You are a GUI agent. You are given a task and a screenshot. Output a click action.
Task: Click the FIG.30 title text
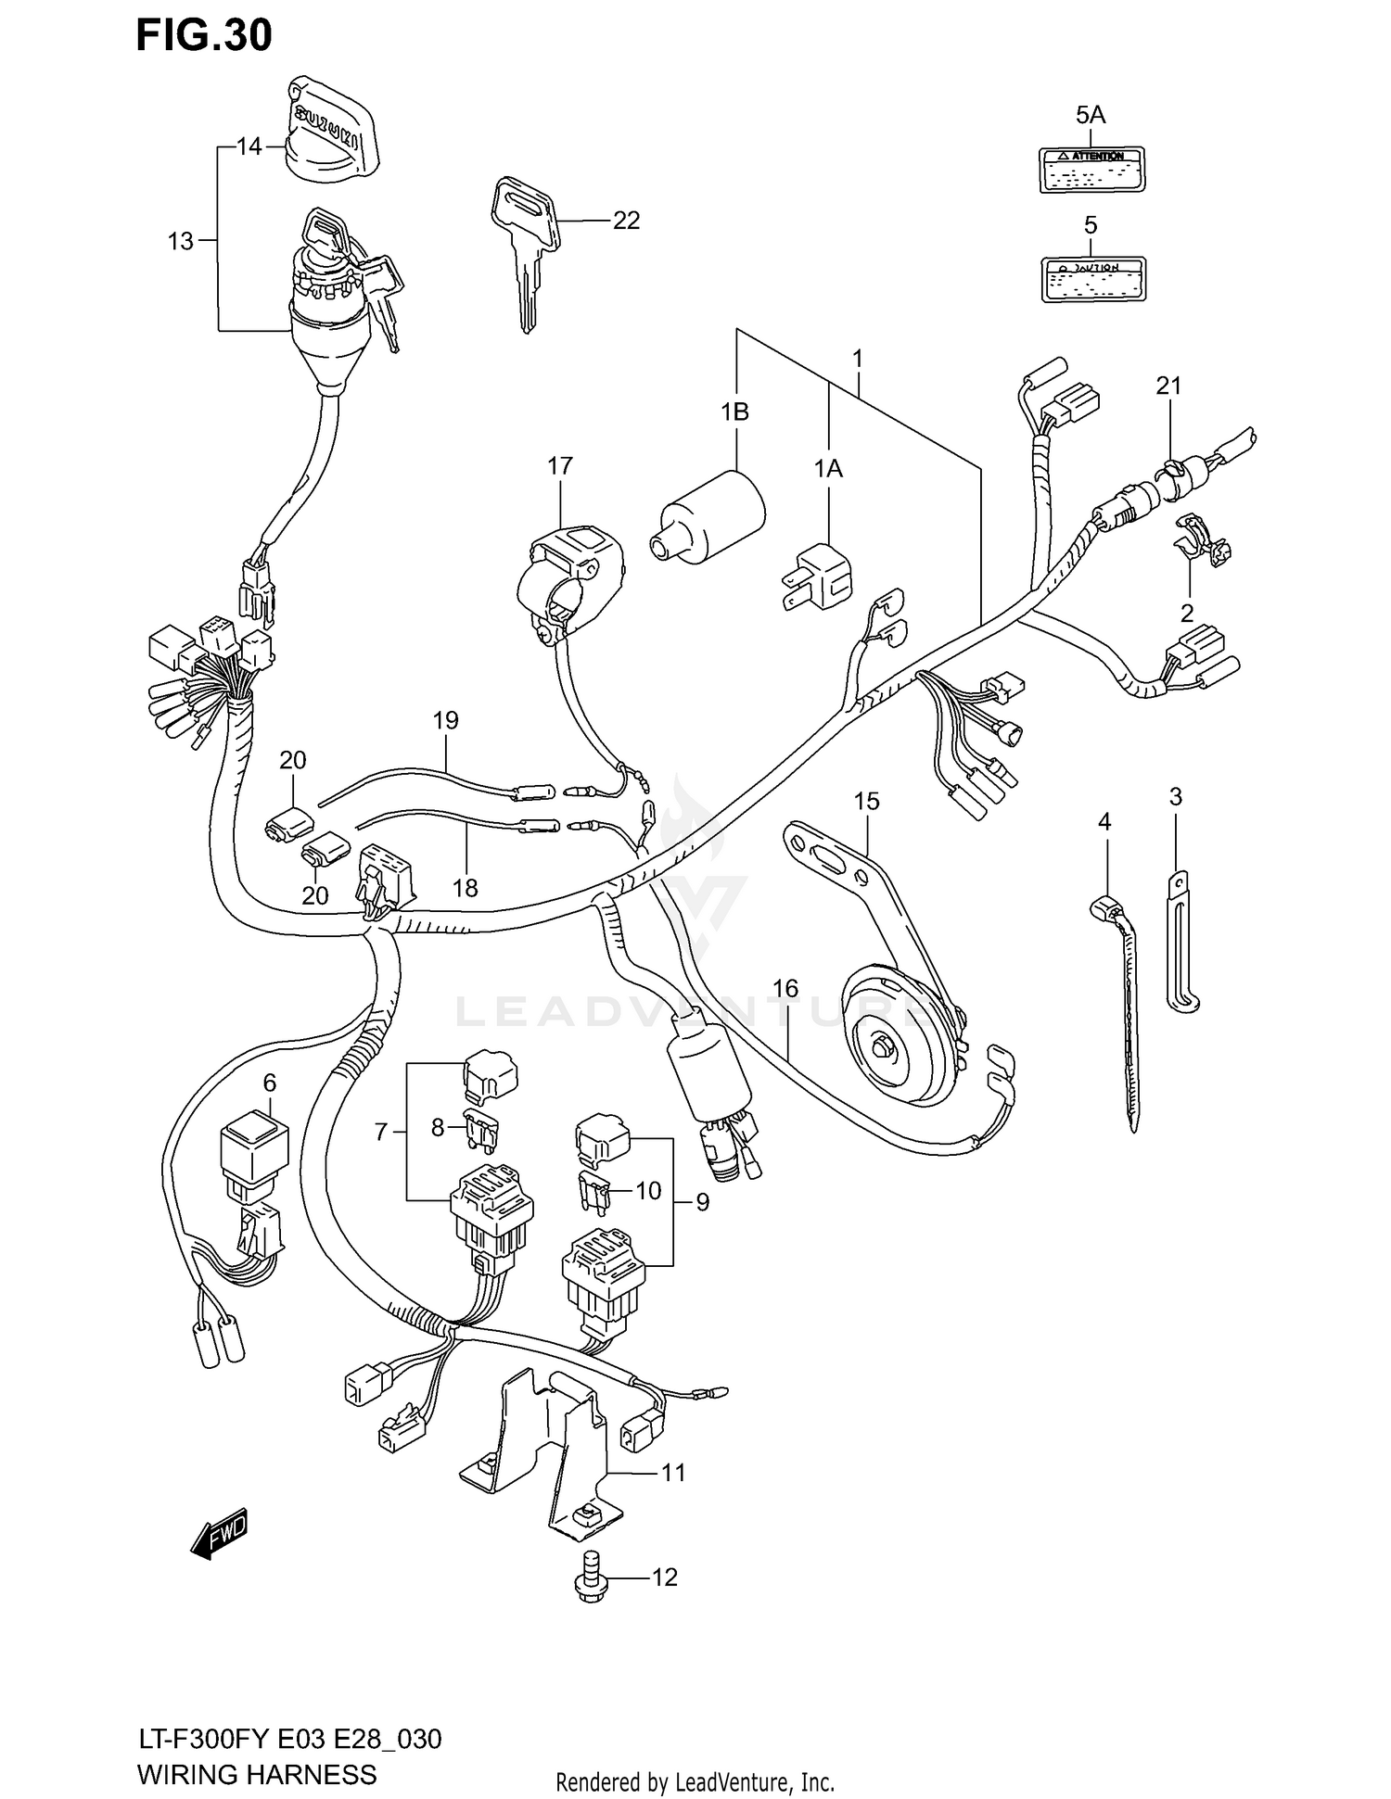pos(204,35)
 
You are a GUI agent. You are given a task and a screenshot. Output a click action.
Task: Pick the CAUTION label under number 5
pos(1091,279)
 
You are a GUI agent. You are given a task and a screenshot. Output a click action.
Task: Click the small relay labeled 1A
pos(816,577)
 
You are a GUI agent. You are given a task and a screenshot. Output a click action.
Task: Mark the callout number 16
pos(785,989)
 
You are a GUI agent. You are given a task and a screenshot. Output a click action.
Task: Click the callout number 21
pos(1168,386)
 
